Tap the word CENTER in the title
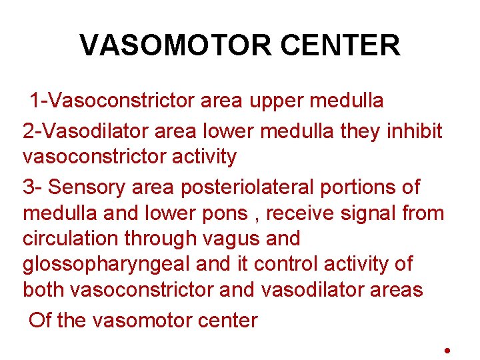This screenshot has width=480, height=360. coord(341,45)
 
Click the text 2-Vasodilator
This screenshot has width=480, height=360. coord(85,131)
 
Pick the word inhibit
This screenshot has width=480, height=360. coord(414,131)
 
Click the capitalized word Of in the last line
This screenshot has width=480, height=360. coord(41,320)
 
